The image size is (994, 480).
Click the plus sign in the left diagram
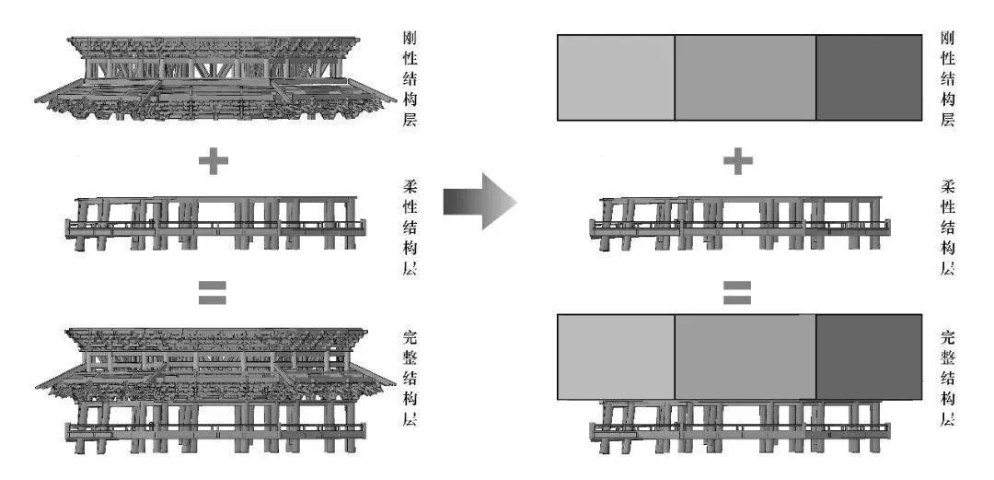point(213,162)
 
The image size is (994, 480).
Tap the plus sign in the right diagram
point(738,162)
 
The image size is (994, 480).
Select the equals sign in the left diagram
point(213,293)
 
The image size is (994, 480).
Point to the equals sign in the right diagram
point(738,293)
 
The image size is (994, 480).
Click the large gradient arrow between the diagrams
point(480,202)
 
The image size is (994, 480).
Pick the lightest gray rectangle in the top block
point(616,77)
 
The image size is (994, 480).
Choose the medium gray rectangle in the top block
point(745,77)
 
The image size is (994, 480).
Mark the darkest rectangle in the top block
point(869,77)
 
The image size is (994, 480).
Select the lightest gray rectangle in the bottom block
point(616,357)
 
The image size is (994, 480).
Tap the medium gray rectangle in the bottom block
point(745,357)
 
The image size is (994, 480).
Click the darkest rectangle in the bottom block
point(869,357)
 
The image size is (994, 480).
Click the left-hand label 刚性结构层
point(410,79)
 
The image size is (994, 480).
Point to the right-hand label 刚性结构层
point(947,79)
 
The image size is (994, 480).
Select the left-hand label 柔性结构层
point(410,228)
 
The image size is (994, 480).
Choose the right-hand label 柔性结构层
point(947,228)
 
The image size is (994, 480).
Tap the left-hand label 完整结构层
point(410,378)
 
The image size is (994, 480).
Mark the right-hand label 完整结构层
point(947,378)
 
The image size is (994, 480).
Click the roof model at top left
point(215,78)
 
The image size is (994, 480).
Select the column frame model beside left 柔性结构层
point(215,224)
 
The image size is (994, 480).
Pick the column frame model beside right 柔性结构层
point(740,224)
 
